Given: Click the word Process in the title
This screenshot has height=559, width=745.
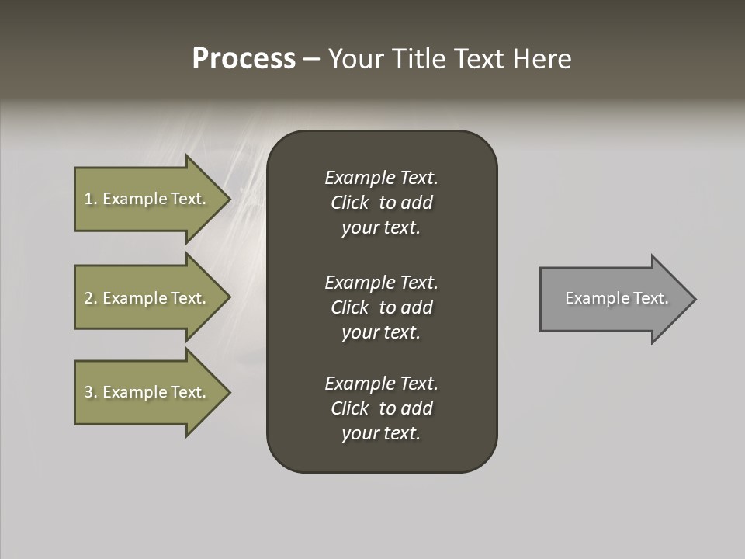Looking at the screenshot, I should (244, 59).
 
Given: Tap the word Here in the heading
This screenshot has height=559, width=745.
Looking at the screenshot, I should (542, 59).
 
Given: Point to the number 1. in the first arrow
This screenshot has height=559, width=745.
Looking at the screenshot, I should (91, 199).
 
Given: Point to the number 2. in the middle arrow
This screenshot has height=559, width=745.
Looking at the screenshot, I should (91, 298).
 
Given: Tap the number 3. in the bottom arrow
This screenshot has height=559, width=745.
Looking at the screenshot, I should (91, 392).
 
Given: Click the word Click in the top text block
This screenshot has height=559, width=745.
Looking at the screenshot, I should (350, 203).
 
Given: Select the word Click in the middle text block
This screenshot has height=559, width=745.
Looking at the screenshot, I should (350, 307).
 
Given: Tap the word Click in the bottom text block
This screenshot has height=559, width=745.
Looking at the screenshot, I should (350, 408).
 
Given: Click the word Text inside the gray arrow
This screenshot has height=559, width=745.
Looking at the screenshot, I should (650, 298).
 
